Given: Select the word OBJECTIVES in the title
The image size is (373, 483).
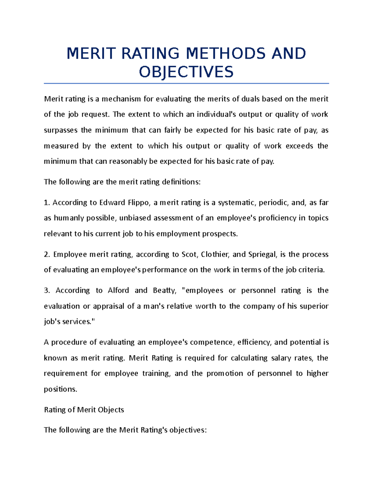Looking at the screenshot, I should pos(186,72).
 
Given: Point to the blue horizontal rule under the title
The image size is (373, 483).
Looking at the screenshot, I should pos(186,83).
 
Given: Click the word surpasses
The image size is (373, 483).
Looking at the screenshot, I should pos(61,130).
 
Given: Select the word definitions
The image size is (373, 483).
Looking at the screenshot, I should pos(181,182).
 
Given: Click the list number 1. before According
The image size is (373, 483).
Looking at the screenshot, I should pos(47,203).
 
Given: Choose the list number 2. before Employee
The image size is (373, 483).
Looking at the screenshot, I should pos(47,254).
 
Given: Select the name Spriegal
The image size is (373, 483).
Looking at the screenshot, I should pos(262,254).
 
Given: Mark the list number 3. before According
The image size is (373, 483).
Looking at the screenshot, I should pos(47,290).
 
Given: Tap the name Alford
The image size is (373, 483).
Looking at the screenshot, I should pos(118,290).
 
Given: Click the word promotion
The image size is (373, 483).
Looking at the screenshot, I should pos(225,373).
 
